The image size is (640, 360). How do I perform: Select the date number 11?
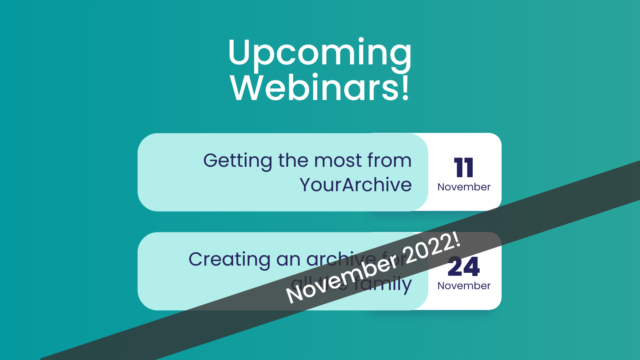pos(464,168)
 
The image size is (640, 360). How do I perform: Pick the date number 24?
pos(464,267)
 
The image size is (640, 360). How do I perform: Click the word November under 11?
pos(464,187)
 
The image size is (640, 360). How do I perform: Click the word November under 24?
pos(464,286)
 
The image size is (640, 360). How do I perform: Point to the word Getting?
pos(238,161)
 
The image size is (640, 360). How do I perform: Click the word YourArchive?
pos(356,185)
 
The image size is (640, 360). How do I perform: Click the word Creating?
pos(229,260)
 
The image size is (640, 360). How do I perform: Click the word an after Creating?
pos(288,260)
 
